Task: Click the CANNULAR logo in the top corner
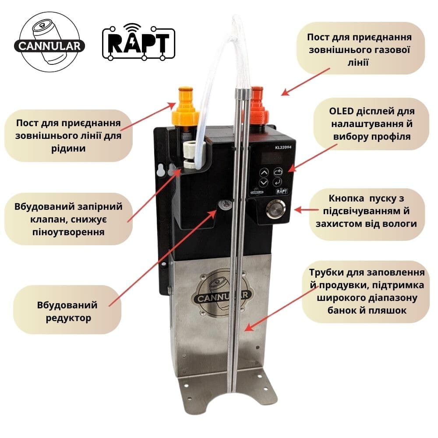pyautogui.click(x=49, y=42)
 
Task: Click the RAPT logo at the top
pyautogui.click(x=138, y=42)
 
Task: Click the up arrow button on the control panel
pyautogui.click(x=264, y=172)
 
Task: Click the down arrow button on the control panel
pyautogui.click(x=264, y=183)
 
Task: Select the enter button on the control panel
pyautogui.click(x=277, y=182)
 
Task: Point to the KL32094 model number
pyautogui.click(x=283, y=147)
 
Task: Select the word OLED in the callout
pyautogui.click(x=341, y=111)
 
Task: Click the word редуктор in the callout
pyautogui.click(x=68, y=318)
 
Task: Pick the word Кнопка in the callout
pyautogui.click(x=346, y=198)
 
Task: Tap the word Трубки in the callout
pyautogui.click(x=326, y=272)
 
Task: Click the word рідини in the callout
pyautogui.click(x=68, y=148)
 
